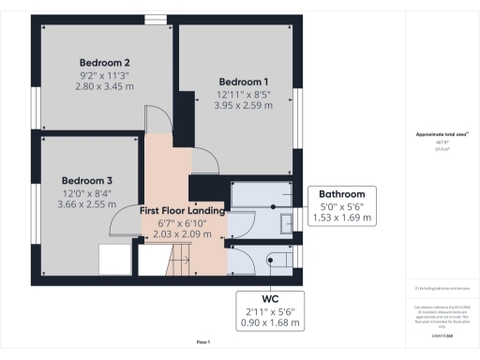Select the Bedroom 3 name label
tap(87, 180)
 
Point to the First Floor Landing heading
tap(183, 211)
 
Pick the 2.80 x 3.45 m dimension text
tap(104, 86)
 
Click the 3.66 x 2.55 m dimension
tap(87, 204)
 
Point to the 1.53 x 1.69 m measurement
tap(341, 217)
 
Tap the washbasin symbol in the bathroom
tap(285, 222)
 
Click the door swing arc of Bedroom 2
tap(158, 118)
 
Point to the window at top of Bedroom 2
tap(156, 18)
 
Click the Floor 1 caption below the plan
tap(202, 341)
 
